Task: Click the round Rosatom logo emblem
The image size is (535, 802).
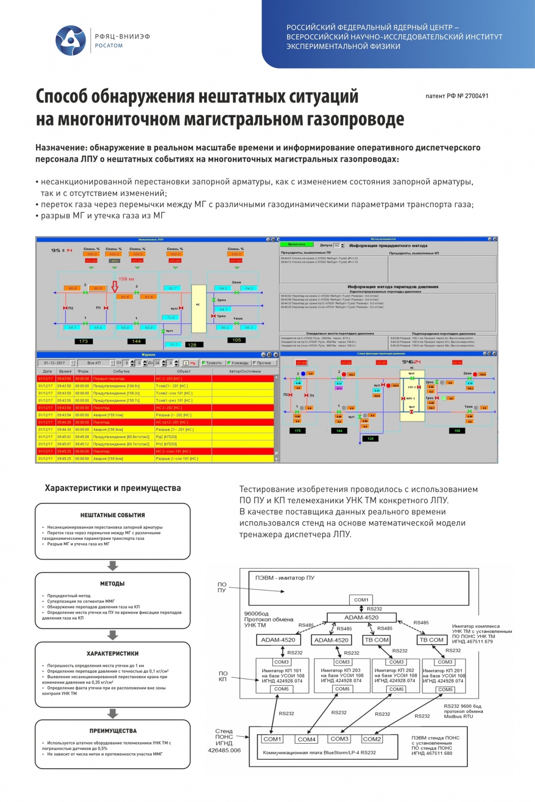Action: [71, 41]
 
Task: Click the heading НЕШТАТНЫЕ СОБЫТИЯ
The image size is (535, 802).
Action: [112, 515]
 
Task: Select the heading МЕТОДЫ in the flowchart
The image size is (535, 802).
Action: [112, 583]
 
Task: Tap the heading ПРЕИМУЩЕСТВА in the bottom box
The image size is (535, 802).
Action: [113, 730]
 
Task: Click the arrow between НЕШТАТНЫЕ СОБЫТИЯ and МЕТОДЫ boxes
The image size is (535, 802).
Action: [113, 565]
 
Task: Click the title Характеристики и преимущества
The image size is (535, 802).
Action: [113, 488]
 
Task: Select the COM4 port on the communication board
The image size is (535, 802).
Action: [307, 739]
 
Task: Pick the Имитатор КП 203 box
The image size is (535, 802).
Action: [342, 675]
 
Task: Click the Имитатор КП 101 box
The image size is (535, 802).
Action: [282, 675]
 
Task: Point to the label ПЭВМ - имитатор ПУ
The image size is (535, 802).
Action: [285, 577]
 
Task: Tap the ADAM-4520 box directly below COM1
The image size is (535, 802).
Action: [361, 617]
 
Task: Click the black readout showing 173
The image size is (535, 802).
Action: [83, 341]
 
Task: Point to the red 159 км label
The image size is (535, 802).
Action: [126, 279]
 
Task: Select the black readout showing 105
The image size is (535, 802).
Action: [236, 340]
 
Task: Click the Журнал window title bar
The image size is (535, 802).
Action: [148, 355]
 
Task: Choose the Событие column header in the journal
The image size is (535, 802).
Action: [121, 371]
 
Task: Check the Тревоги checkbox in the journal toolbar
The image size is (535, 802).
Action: [204, 363]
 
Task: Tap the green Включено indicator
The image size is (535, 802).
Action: [296, 244]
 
